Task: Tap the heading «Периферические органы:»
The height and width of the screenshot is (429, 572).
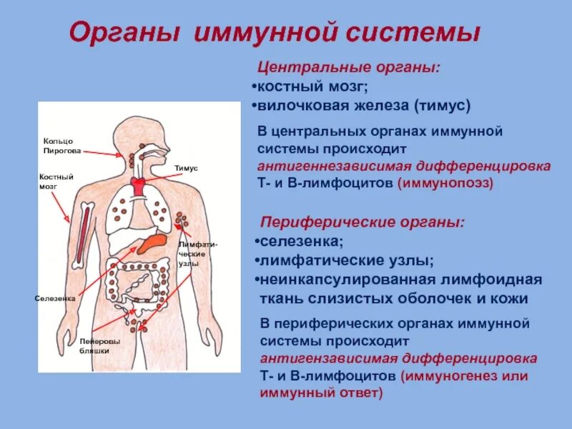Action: click(x=362, y=222)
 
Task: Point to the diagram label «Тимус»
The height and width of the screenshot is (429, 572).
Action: click(x=186, y=167)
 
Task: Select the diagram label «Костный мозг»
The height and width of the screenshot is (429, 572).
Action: click(x=56, y=181)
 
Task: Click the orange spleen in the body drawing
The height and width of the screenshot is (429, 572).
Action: click(x=152, y=244)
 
